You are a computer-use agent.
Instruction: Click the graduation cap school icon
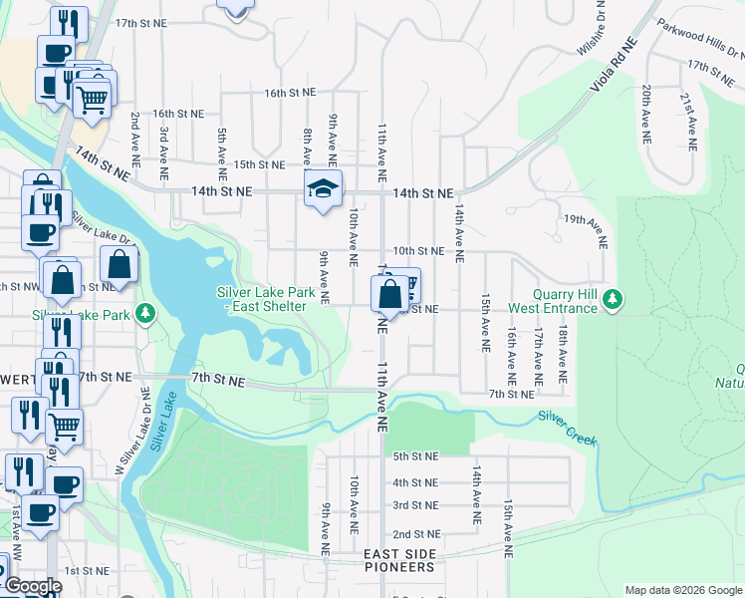323,189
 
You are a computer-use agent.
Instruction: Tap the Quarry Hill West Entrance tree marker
615,299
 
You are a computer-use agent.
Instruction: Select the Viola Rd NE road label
612,67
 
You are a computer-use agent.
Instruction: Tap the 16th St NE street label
290,92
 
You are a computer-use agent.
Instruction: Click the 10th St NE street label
417,251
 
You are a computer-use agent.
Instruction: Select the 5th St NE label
415,456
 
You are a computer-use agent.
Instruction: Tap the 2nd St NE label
415,534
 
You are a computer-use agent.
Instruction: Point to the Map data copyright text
683,590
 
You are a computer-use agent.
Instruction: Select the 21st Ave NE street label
686,115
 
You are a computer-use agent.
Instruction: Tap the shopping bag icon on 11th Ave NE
389,295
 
